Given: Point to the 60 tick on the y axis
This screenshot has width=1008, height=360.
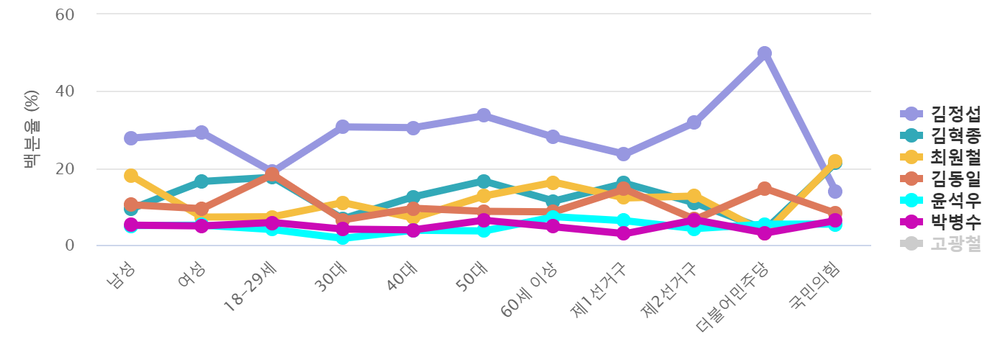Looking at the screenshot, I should [x=66, y=14].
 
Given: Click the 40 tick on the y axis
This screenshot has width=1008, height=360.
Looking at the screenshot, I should [x=66, y=91].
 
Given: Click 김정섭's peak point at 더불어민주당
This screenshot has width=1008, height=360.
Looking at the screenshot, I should [x=765, y=53].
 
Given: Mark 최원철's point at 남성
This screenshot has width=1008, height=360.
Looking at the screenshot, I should [x=131, y=176].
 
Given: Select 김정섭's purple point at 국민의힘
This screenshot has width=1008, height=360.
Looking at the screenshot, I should [x=835, y=192].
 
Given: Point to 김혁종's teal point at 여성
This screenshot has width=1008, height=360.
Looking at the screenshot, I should [x=202, y=181].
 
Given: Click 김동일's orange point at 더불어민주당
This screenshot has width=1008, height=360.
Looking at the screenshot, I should [x=765, y=189].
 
